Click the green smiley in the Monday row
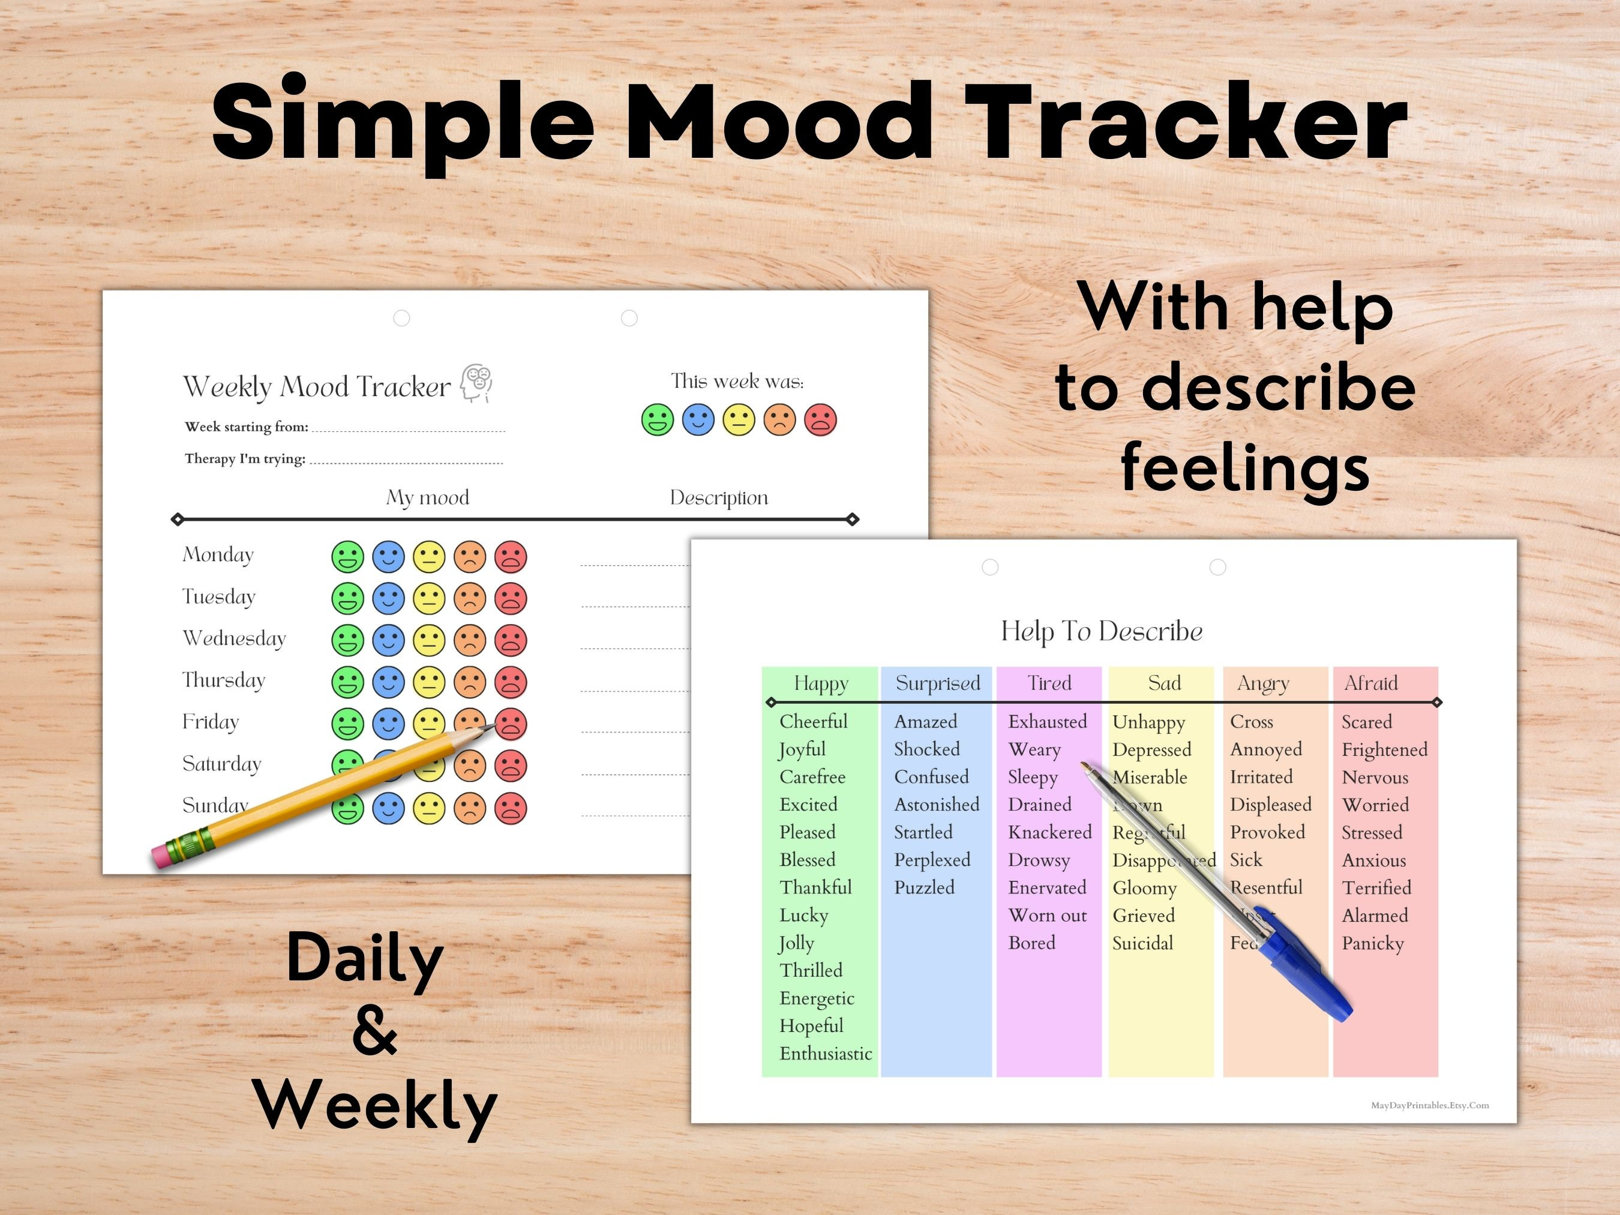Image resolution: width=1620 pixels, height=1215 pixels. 347,557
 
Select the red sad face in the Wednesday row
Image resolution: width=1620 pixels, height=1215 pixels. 511,640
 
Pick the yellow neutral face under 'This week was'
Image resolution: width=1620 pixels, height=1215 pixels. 738,421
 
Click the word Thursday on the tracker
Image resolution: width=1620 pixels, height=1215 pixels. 223,680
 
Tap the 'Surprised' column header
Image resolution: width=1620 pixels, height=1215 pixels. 937,683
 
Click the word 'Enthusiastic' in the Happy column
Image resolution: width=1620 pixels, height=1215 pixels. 826,1054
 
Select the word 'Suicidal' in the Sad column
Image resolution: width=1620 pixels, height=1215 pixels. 1142,943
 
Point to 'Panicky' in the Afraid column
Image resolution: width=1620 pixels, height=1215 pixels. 1372,943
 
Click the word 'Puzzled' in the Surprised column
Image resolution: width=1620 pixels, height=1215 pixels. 924,887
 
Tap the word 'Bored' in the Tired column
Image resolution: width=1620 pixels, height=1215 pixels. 1031,943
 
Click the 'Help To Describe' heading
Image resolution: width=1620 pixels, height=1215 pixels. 1102,631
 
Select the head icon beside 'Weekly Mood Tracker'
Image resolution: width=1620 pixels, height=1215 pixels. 477,382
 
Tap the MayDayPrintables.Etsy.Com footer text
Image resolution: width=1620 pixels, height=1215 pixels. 1430,1105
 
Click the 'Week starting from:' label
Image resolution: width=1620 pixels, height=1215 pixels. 246,427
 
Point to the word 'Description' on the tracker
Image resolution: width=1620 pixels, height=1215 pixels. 718,498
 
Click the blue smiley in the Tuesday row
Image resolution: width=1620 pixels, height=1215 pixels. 388,598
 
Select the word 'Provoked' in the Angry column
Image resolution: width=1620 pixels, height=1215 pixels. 1267,833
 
